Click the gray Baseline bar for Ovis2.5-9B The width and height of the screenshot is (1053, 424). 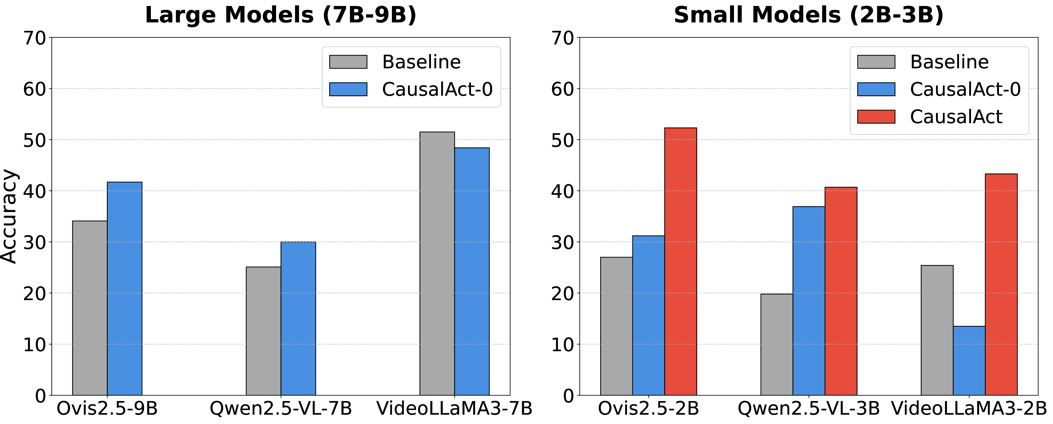(90, 308)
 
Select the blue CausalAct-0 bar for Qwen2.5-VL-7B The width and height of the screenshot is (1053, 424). (298, 319)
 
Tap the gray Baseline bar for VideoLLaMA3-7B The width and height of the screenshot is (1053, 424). (437, 264)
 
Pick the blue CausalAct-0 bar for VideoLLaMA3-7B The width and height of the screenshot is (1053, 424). (472, 272)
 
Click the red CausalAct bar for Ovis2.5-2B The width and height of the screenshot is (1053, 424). (681, 261)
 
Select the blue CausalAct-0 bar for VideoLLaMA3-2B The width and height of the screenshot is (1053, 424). (969, 361)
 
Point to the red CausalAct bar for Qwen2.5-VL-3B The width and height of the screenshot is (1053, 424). (841, 291)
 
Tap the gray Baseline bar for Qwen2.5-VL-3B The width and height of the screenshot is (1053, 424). (777, 345)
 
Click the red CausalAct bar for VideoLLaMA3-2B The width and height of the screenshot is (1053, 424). (1001, 285)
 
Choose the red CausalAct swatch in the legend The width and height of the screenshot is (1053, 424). (876, 117)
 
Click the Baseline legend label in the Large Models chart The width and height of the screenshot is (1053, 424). (421, 62)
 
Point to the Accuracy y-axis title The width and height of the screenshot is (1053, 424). (9, 217)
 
